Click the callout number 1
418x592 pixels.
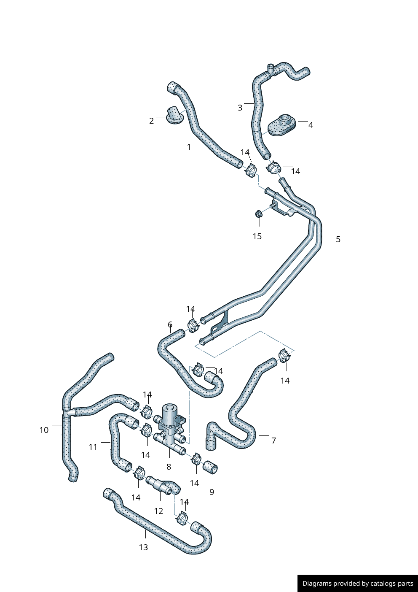tap(189, 147)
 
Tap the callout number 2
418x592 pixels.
tap(152, 121)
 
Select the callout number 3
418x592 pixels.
tap(240, 108)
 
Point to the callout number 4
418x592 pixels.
tap(311, 125)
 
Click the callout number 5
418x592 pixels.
tap(338, 239)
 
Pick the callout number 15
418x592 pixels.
tap(257, 236)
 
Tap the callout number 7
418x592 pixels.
tap(273, 441)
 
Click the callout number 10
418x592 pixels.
tap(44, 430)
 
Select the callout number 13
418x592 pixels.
tap(143, 547)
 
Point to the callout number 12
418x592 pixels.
tap(158, 511)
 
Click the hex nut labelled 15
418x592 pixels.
tap(259, 214)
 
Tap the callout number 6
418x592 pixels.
tap(170, 324)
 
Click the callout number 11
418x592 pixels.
tap(93, 447)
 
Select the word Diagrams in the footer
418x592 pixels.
tap(316, 584)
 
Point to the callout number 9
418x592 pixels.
tap(212, 492)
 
